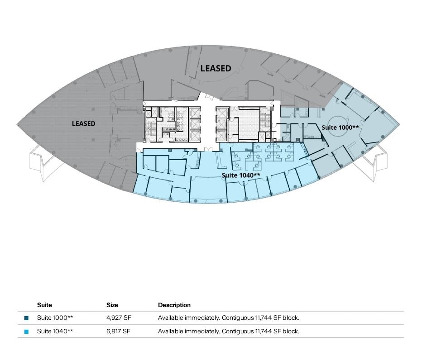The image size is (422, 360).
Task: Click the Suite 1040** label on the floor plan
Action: coord(241,175)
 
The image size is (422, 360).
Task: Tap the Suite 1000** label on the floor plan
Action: coord(340,127)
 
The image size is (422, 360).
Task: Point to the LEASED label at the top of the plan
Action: coord(216,68)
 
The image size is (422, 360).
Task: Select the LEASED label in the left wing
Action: coord(83,123)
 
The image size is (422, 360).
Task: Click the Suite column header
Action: coord(44,305)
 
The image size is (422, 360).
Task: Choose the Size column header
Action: coord(112,305)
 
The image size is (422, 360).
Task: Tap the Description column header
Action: coord(174,305)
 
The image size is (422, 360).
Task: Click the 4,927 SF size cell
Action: coord(119,317)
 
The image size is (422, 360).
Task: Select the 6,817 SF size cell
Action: coord(119,331)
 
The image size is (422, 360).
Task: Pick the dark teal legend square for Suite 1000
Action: coord(26,318)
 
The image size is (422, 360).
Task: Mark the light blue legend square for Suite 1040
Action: coord(26,332)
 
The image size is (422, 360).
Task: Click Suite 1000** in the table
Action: coord(55,317)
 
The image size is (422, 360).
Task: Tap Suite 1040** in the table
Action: coord(55,331)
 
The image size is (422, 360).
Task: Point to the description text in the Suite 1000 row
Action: coord(229,317)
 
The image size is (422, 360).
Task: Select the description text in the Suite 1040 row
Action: coord(229,331)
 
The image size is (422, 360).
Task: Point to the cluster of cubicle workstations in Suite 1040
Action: coord(263,156)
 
